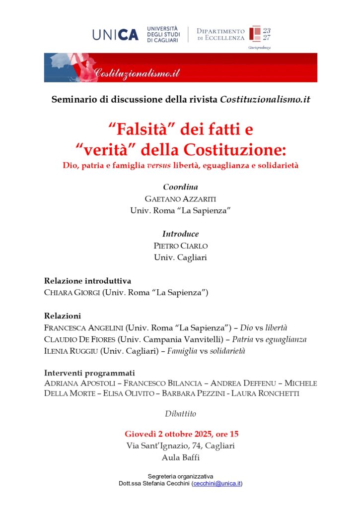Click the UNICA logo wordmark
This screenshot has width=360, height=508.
pos(115,34)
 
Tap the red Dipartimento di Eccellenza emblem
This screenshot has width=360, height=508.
pos(255,34)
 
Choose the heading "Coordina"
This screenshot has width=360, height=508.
pos(180,188)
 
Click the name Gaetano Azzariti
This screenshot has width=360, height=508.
pos(180,199)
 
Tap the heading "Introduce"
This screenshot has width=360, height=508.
pos(180,234)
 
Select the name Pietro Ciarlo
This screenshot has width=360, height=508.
pos(180,246)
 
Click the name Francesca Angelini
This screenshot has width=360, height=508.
pos(83,328)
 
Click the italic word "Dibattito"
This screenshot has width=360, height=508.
pos(180,413)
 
